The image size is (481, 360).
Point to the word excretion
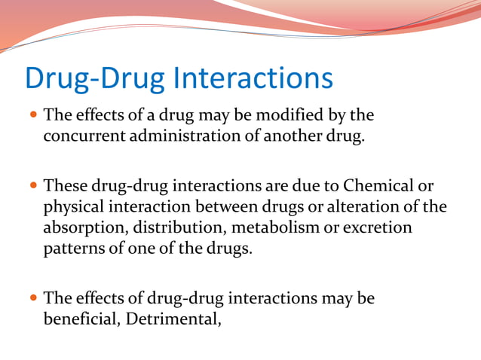tap(378, 227)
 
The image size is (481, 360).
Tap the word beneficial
tap(81, 318)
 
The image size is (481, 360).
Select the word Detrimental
tap(173, 318)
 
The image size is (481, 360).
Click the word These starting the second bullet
tap(66, 185)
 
